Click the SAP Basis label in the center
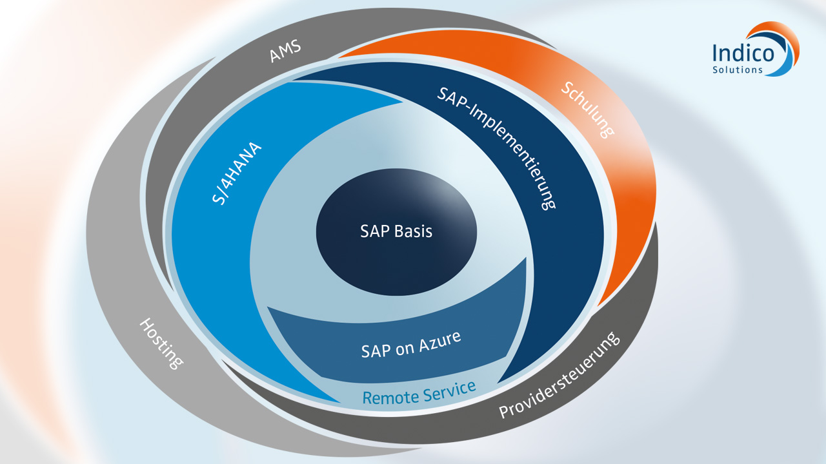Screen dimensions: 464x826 (396, 231)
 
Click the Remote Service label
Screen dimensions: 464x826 (419, 392)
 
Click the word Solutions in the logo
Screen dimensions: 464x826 (737, 70)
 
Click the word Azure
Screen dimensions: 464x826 (440, 340)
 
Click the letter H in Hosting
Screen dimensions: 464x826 (145, 325)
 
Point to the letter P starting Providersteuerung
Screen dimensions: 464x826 (505, 411)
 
